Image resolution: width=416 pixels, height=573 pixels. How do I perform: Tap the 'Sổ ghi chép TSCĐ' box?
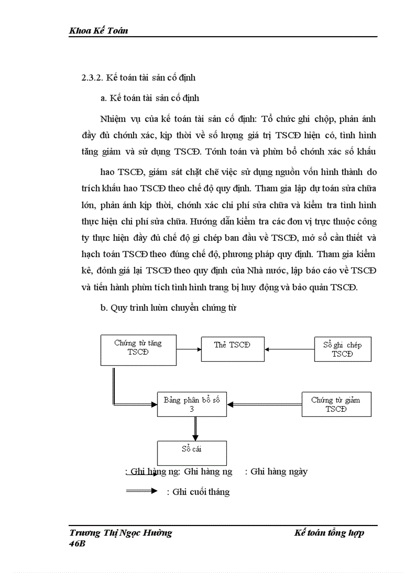(x=342, y=349)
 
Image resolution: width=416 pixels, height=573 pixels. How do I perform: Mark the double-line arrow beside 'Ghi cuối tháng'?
(x=141, y=491)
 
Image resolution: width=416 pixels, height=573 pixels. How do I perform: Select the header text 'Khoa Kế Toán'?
(x=98, y=31)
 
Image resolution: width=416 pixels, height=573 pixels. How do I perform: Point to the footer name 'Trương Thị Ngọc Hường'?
(x=120, y=533)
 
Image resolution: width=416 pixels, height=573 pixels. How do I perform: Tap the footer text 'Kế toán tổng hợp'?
(x=329, y=533)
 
